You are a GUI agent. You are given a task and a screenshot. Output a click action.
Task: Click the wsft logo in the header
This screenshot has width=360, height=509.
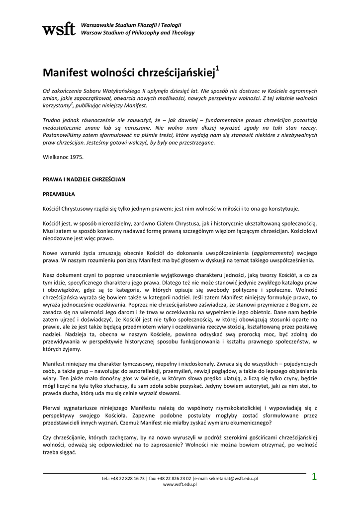59,29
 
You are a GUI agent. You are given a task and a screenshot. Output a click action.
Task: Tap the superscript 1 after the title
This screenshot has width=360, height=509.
217,67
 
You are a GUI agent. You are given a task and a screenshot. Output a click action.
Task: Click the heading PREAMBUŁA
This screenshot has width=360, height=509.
59,194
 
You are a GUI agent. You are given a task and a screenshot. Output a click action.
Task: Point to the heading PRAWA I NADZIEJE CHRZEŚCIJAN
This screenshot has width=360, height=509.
84,178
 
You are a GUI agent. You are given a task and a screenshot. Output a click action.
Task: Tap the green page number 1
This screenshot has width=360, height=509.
314,477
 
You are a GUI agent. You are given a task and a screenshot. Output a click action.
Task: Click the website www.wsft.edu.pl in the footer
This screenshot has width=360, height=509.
180,485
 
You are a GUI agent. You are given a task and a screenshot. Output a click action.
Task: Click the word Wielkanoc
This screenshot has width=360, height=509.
55,157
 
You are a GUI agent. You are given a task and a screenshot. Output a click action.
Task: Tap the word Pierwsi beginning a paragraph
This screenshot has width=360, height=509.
52,408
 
